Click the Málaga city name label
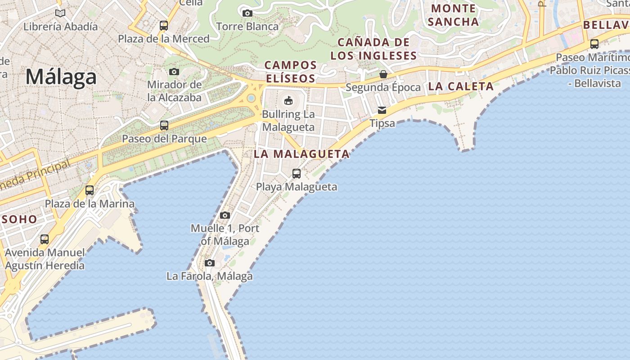click(x=61, y=77)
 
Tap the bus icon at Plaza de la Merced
click(x=164, y=26)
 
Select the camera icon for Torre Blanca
click(x=247, y=13)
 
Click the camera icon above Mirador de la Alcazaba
click(x=174, y=72)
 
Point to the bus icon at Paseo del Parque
click(x=164, y=126)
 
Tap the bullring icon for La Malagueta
click(x=288, y=100)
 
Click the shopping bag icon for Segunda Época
click(x=383, y=74)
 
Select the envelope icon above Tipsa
click(x=382, y=110)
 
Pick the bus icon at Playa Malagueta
click(x=297, y=173)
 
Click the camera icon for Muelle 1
click(x=225, y=215)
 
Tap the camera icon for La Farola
click(x=210, y=263)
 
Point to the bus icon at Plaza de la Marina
click(x=90, y=190)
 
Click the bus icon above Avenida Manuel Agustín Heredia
click(x=45, y=239)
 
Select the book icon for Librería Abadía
click(x=60, y=13)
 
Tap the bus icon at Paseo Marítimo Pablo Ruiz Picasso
click(x=594, y=44)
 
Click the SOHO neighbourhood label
click(x=19, y=220)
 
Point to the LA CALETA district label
click(x=461, y=86)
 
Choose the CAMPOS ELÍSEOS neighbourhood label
click(x=291, y=72)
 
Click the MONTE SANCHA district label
click(x=453, y=15)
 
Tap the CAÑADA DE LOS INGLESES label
click(x=373, y=49)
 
